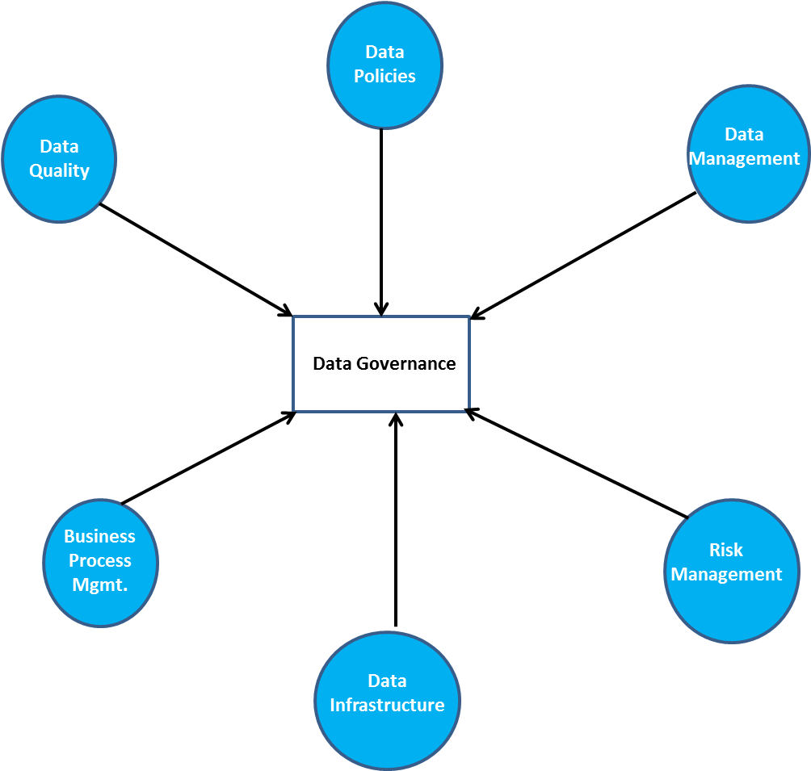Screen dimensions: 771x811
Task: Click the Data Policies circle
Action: point(384,65)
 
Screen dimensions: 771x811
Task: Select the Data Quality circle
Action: point(59,159)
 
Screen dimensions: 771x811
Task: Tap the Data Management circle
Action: point(748,153)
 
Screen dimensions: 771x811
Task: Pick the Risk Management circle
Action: point(731,571)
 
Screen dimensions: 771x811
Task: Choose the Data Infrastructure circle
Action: point(387,700)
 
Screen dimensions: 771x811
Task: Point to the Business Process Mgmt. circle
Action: point(100,562)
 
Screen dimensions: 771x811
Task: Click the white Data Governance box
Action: point(380,363)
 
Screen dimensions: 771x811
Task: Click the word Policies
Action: point(384,77)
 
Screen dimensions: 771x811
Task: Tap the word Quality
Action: point(59,171)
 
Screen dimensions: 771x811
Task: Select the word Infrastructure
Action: point(387,706)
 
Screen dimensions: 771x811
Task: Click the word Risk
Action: point(725,551)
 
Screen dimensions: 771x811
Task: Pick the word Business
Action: point(99,537)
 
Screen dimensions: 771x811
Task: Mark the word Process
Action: point(99,561)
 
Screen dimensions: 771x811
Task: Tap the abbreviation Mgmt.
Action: point(99,585)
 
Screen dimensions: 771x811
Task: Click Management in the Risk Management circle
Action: point(726,575)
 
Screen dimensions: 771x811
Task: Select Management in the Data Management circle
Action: point(744,159)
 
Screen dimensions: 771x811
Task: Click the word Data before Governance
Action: point(332,364)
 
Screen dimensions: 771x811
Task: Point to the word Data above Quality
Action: point(59,147)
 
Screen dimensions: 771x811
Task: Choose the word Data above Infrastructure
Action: point(387,681)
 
